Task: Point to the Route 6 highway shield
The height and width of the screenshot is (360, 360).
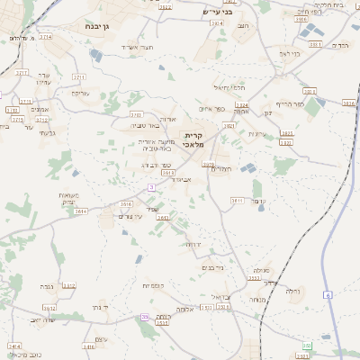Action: point(328,294)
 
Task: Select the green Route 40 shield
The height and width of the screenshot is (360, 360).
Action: point(307,345)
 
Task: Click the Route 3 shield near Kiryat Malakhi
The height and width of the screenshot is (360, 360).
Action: point(151,186)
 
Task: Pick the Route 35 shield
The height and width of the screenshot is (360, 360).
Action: point(144,317)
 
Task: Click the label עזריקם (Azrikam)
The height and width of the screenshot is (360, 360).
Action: point(80,93)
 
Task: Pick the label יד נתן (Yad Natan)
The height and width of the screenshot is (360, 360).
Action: point(99,307)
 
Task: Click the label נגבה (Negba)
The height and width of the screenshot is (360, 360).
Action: point(46,286)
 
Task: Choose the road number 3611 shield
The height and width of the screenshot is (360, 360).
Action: point(238,200)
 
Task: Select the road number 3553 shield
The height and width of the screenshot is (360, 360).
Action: point(255,276)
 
